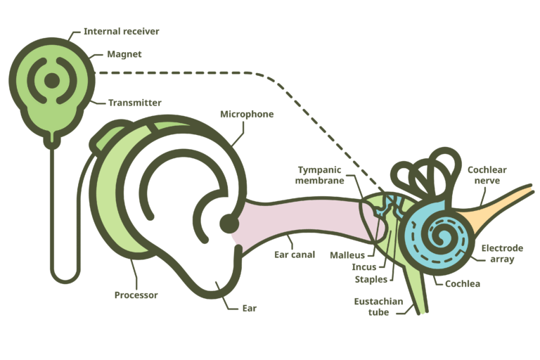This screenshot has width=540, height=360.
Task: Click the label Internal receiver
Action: point(121,32)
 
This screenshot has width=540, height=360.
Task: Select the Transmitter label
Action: point(134,103)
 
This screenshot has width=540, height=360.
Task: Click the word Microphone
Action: point(247,114)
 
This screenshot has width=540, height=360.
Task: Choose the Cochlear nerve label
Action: point(487,175)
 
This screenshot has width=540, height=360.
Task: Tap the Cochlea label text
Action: point(463,284)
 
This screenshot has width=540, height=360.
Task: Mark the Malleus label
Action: point(347,255)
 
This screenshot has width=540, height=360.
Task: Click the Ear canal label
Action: point(294,255)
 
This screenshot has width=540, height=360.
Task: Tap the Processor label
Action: point(136,295)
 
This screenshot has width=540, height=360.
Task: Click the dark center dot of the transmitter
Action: point(52,81)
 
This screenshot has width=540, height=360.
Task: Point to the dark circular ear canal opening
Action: point(229,224)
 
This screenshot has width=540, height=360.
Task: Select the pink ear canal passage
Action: point(302,224)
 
